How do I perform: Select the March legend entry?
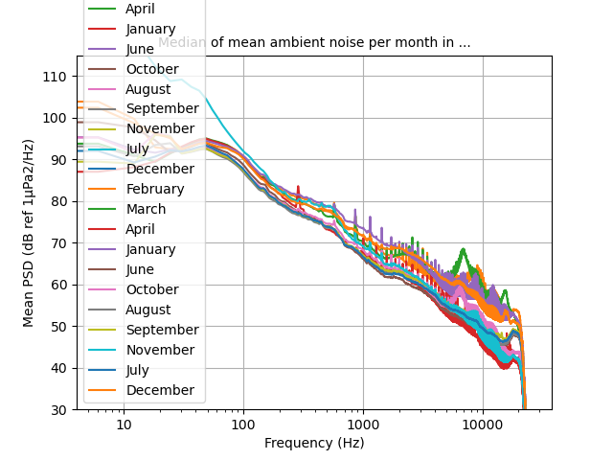(x=146, y=209)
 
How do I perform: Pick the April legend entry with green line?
(x=140, y=9)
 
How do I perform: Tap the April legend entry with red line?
(x=140, y=229)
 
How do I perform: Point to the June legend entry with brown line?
(x=138, y=269)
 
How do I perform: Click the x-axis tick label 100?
(x=243, y=425)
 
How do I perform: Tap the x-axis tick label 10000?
(x=482, y=425)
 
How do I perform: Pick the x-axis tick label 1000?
(x=363, y=425)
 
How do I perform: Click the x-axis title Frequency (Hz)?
(x=314, y=443)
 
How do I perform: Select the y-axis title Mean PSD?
(x=29, y=233)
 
